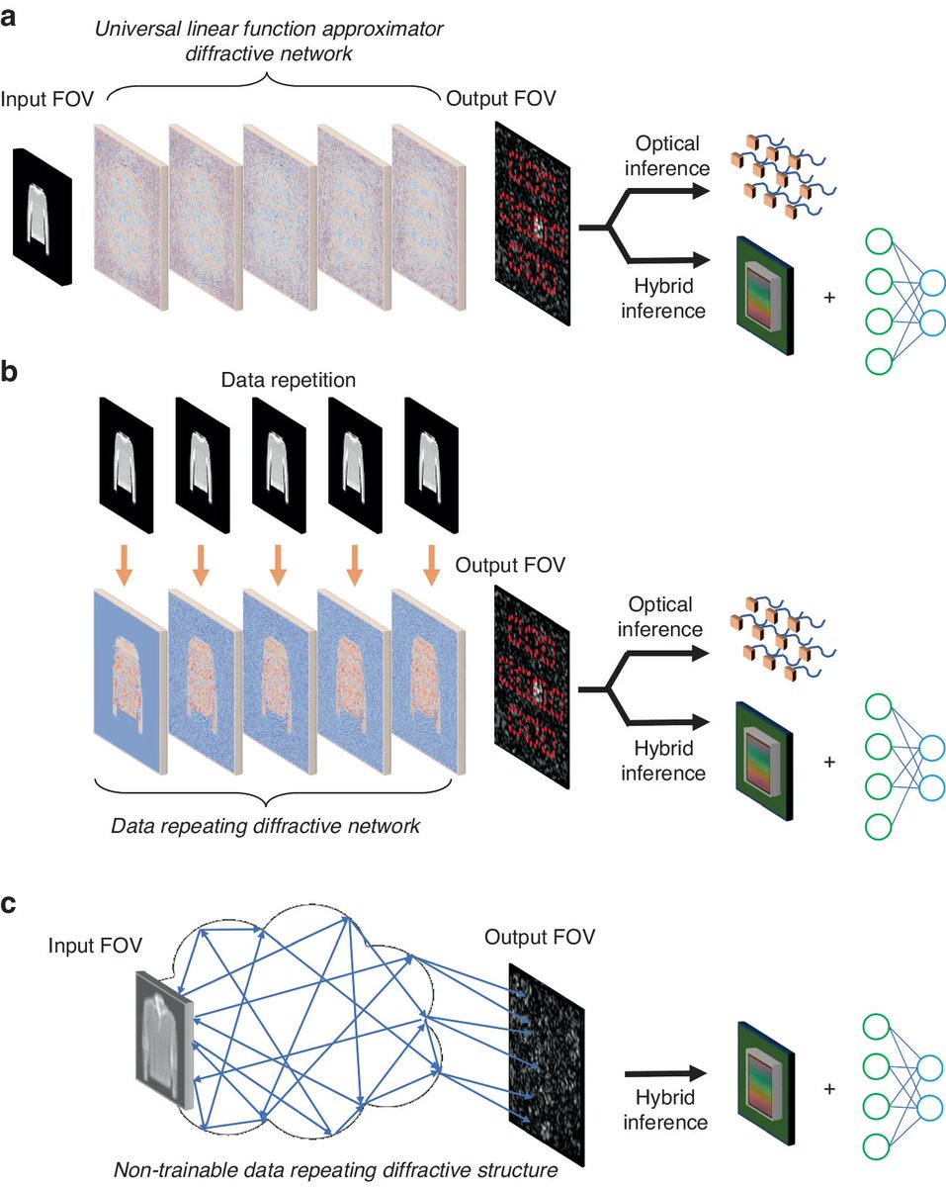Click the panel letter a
pyautogui.click(x=12, y=18)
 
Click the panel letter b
pyautogui.click(x=12, y=373)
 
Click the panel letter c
pyautogui.click(x=12, y=904)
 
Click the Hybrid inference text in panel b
pyautogui.click(x=664, y=760)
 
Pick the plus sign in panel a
pyautogui.click(x=827, y=296)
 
